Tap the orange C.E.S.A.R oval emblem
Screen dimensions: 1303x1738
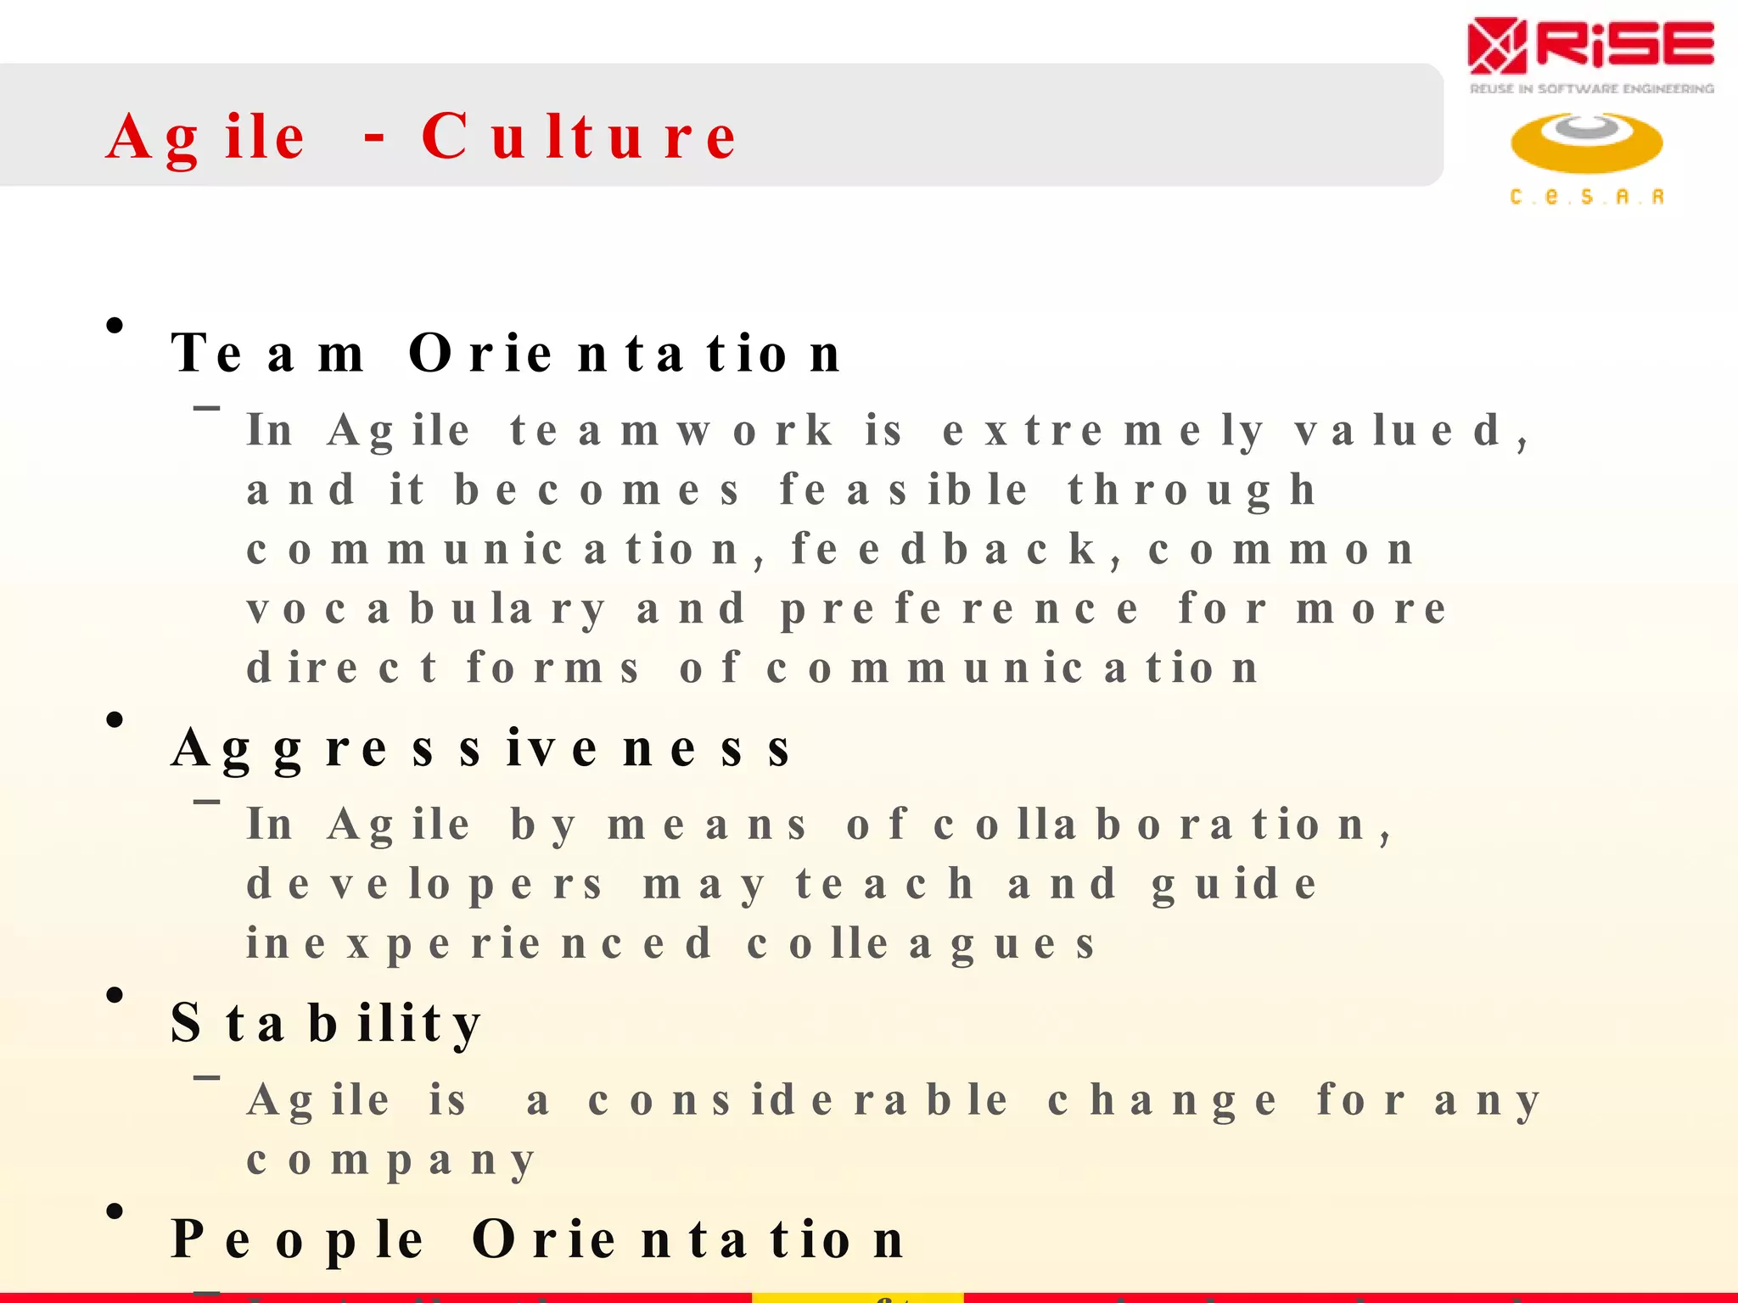(1586, 143)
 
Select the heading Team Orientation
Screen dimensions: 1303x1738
(506, 353)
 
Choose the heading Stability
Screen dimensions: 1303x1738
(327, 1023)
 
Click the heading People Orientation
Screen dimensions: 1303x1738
(537, 1239)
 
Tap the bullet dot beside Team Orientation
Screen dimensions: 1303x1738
(115, 326)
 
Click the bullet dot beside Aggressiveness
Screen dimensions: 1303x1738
(115, 720)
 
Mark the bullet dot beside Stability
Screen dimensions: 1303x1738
(115, 995)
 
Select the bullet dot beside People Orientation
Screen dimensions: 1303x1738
(115, 1211)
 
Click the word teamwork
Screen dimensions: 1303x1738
(671, 430)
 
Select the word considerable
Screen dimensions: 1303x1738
(798, 1101)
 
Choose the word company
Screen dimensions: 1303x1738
(391, 1160)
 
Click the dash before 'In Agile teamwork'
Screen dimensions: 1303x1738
(207, 408)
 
